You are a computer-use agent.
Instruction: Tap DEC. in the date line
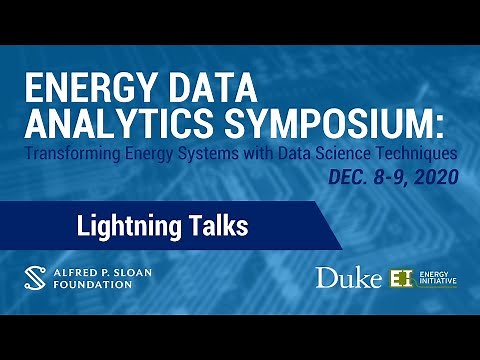[349, 178]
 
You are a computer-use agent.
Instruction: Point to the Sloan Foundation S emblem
[37, 276]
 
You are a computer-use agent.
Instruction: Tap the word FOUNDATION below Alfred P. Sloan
[94, 284]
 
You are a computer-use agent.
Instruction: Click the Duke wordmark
[348, 278]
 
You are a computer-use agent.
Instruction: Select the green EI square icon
[402, 278]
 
